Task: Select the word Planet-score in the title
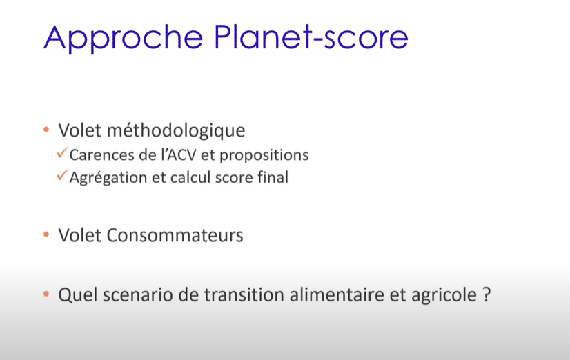click(x=311, y=37)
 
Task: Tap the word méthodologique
click(x=176, y=131)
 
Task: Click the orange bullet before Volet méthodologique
click(x=46, y=130)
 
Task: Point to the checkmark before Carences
click(x=63, y=152)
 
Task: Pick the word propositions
click(x=264, y=155)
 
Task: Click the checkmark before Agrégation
click(x=63, y=174)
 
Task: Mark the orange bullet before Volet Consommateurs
click(x=46, y=234)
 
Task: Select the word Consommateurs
click(x=175, y=235)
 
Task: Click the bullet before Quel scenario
click(x=46, y=294)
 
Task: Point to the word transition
click(x=244, y=294)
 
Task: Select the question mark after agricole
click(x=487, y=294)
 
